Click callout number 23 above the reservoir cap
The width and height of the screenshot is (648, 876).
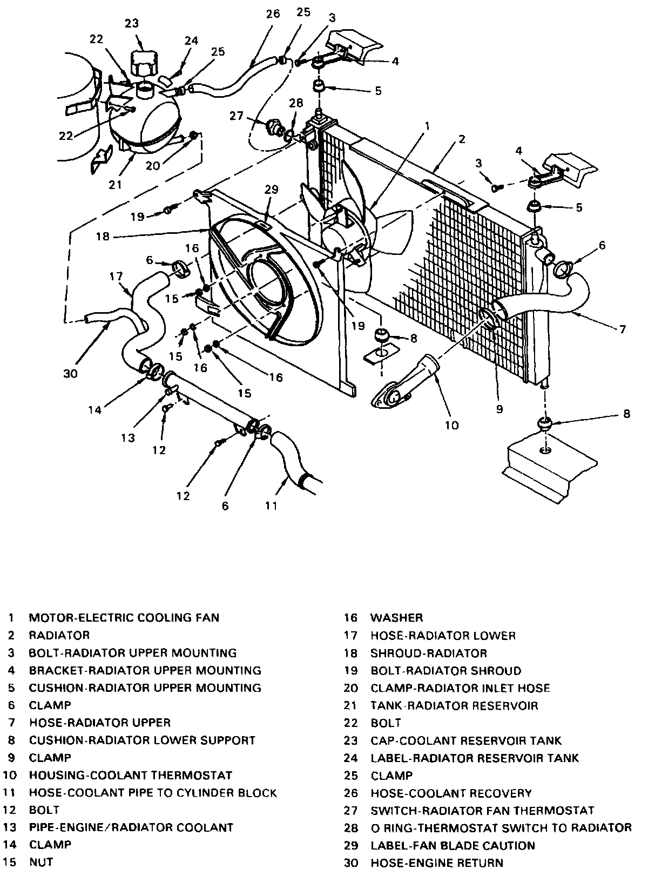131,23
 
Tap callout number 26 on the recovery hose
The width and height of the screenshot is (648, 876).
273,14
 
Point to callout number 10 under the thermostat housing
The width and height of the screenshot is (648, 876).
452,424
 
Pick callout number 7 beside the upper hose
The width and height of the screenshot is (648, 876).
623,329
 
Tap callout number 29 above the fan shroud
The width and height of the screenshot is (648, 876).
271,189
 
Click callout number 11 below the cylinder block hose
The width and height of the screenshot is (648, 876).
271,506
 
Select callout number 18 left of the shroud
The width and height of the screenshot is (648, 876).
103,236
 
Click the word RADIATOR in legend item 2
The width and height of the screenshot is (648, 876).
59,635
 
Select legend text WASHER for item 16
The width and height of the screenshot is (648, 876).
396,617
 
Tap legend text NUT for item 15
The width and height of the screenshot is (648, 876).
41,862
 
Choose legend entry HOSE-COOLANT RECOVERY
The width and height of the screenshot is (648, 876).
451,793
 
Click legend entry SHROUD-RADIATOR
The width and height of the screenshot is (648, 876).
428,653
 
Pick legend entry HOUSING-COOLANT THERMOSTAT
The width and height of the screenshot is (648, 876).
130,775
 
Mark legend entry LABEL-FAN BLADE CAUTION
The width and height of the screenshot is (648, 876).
453,845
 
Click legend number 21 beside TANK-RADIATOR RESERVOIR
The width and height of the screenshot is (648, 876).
351,705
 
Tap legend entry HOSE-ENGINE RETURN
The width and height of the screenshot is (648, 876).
436,863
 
